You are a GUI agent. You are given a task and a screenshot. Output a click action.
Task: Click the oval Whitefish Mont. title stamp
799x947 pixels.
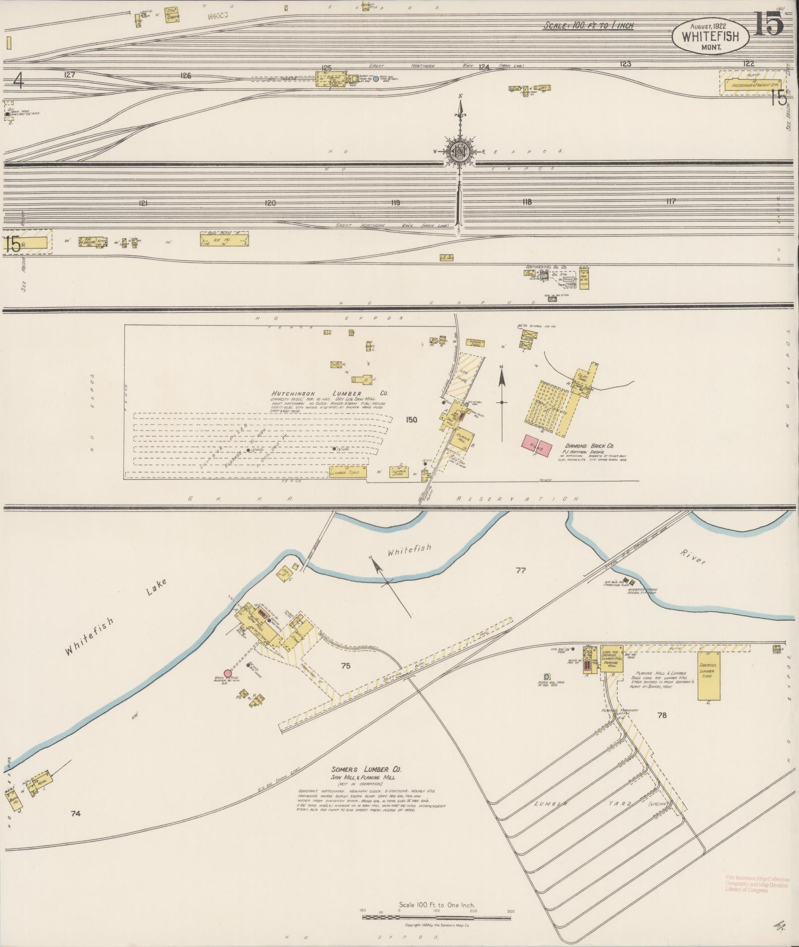[710, 37]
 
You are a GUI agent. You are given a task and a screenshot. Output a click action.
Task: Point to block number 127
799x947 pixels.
[69, 75]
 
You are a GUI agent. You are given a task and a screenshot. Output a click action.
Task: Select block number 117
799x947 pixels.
[671, 201]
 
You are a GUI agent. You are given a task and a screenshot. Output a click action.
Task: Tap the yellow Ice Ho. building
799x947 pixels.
[224, 240]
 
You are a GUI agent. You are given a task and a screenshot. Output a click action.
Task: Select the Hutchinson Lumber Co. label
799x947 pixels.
[329, 393]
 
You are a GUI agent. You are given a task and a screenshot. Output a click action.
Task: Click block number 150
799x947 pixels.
[411, 420]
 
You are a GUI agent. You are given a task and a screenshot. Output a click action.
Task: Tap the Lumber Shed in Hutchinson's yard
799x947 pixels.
[348, 472]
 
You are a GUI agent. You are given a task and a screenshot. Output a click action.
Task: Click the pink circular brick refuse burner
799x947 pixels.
[228, 673]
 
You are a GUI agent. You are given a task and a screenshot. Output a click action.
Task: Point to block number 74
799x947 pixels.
[75, 813]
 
